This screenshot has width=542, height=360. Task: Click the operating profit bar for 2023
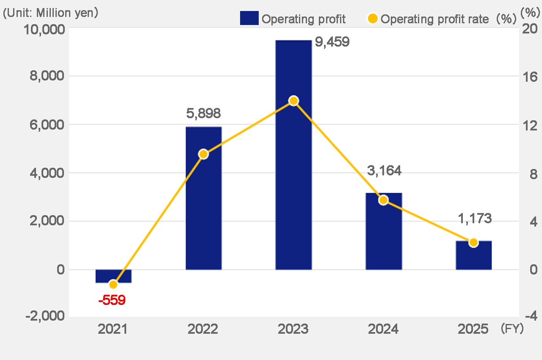(293, 155)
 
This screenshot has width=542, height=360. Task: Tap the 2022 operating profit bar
(204, 198)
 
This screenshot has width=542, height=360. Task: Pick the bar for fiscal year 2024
(384, 231)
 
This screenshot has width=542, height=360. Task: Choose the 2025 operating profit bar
(473, 255)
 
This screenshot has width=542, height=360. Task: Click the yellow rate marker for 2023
(293, 101)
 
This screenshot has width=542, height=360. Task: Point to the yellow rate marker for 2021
(113, 284)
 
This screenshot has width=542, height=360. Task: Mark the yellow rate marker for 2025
(473, 243)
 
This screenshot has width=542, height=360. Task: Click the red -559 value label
(112, 301)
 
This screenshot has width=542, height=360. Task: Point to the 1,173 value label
(474, 219)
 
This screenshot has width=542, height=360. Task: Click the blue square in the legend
(249, 18)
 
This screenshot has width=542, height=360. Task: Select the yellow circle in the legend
(373, 18)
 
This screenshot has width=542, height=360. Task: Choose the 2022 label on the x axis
(204, 329)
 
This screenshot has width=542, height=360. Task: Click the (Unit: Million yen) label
(51, 13)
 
